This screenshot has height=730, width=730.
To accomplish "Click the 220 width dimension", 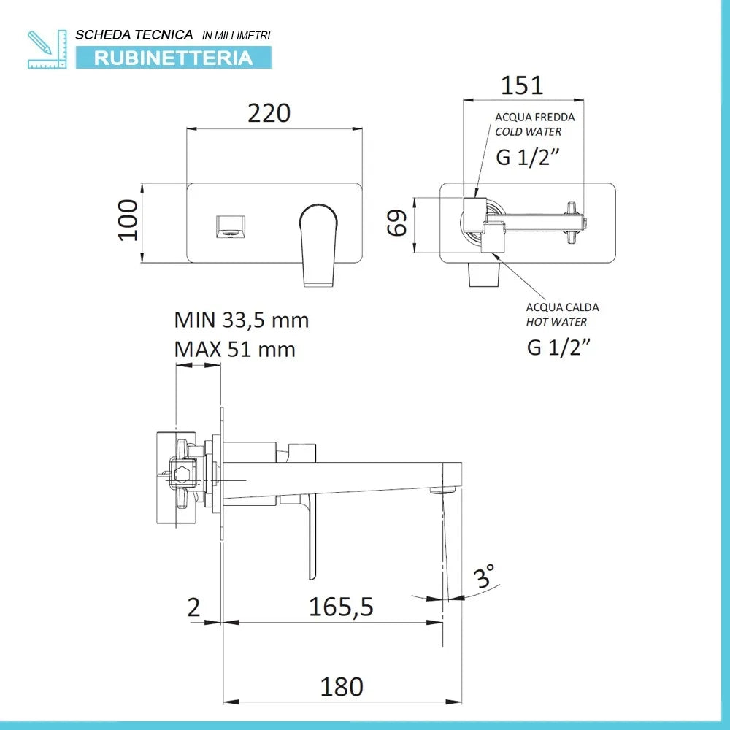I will [269, 114].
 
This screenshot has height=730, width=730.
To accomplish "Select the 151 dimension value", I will [521, 85].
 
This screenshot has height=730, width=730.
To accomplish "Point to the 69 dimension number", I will [397, 223].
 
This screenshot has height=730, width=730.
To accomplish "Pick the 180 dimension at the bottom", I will [342, 686].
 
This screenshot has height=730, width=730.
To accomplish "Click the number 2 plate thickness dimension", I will [193, 607].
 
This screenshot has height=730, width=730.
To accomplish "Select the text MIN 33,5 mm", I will [241, 320].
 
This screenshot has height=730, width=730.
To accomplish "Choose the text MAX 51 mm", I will [234, 349].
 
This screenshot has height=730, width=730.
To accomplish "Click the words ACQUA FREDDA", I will [534, 117].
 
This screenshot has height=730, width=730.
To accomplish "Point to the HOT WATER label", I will [556, 321].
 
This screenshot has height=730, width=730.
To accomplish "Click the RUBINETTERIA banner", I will [173, 58].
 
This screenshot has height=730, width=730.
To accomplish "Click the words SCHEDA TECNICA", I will [134, 34].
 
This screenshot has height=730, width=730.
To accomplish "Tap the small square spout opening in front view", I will [231, 227].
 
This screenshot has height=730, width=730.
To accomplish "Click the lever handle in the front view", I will [318, 241].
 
